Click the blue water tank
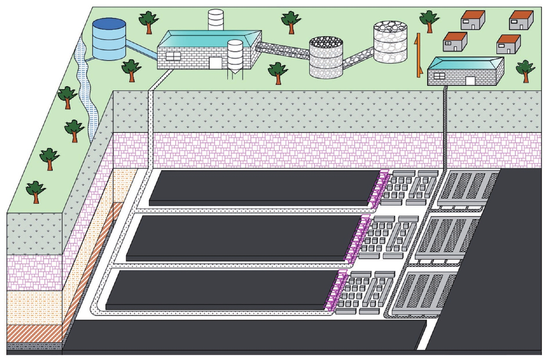[x=109, y=39]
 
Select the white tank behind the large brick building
[x=215, y=20]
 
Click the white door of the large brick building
[x=215, y=63]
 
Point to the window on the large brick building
[x=173, y=56]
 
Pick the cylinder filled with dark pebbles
[x=326, y=58]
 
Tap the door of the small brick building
[x=470, y=81]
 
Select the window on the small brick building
[x=439, y=76]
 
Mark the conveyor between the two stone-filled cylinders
[x=358, y=58]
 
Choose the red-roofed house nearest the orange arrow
[x=455, y=42]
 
